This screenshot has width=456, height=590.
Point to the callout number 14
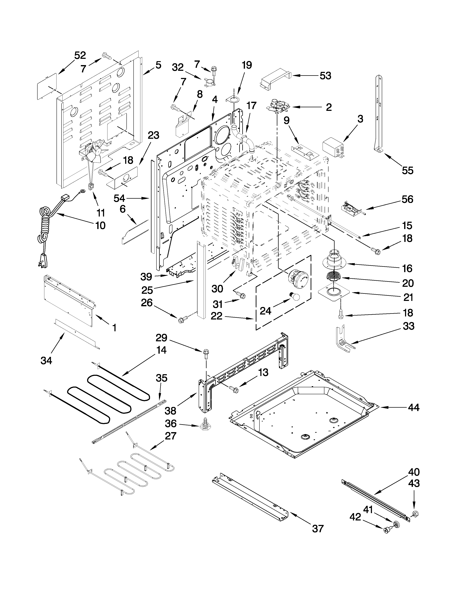point(161,350)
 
